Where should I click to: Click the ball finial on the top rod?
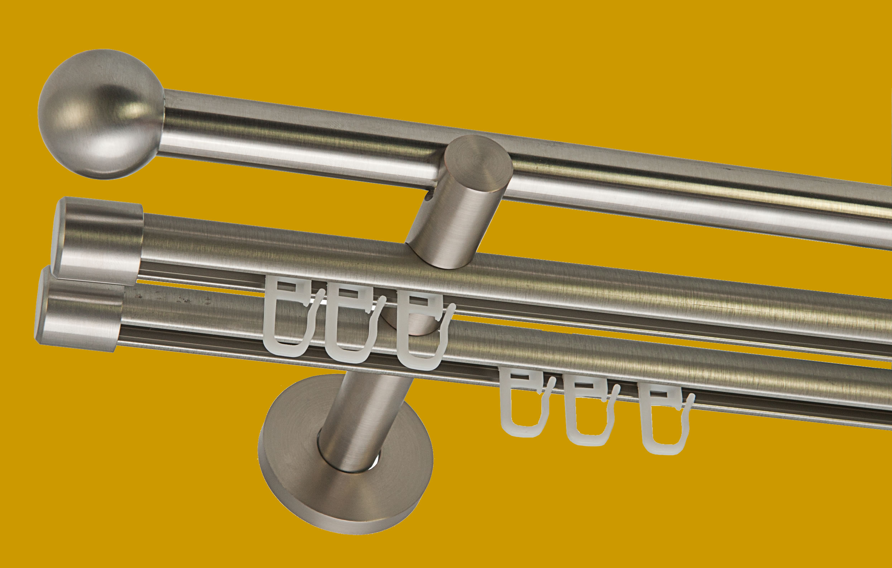click(x=101, y=113)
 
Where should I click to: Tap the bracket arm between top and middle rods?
click(x=456, y=219)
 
